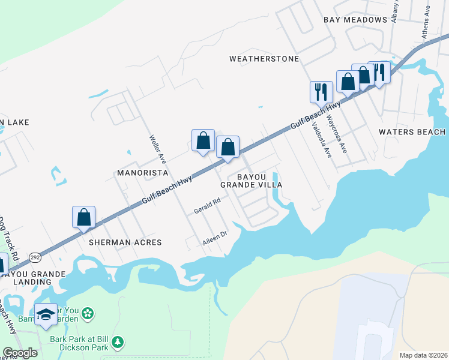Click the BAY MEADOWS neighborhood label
355,20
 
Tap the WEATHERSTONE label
264,59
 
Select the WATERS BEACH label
412,132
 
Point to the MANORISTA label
141,173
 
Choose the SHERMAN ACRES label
125,242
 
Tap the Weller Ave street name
157,148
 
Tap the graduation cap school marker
46,314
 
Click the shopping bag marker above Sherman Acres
83,217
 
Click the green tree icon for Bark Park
118,343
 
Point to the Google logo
20,353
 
